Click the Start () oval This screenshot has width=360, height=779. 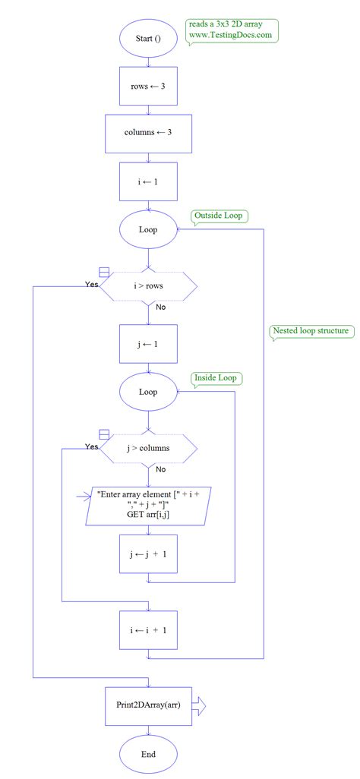pos(148,38)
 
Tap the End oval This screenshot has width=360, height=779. pos(148,754)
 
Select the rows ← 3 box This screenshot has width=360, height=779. pos(148,86)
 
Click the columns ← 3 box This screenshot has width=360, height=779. pos(148,133)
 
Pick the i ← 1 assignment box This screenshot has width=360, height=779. pos(148,181)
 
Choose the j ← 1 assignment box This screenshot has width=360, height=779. pos(148,344)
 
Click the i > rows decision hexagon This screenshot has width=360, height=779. pos(148,286)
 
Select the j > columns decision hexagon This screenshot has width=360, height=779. pos(149,448)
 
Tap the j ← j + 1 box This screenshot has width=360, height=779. pos(148,553)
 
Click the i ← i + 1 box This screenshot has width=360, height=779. pos(148,630)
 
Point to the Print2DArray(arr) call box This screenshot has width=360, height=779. pos(148,705)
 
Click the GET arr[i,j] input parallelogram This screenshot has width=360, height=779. pos(148,504)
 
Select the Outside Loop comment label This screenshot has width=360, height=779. pos(219,216)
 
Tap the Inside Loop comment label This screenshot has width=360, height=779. pos(218,378)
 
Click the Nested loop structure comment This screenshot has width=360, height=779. pos(311,331)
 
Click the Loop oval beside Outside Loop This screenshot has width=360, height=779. pos(148,229)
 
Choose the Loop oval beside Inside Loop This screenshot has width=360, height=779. pos(148,392)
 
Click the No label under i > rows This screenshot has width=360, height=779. pos(161,307)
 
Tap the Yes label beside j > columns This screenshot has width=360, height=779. pos(92,446)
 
